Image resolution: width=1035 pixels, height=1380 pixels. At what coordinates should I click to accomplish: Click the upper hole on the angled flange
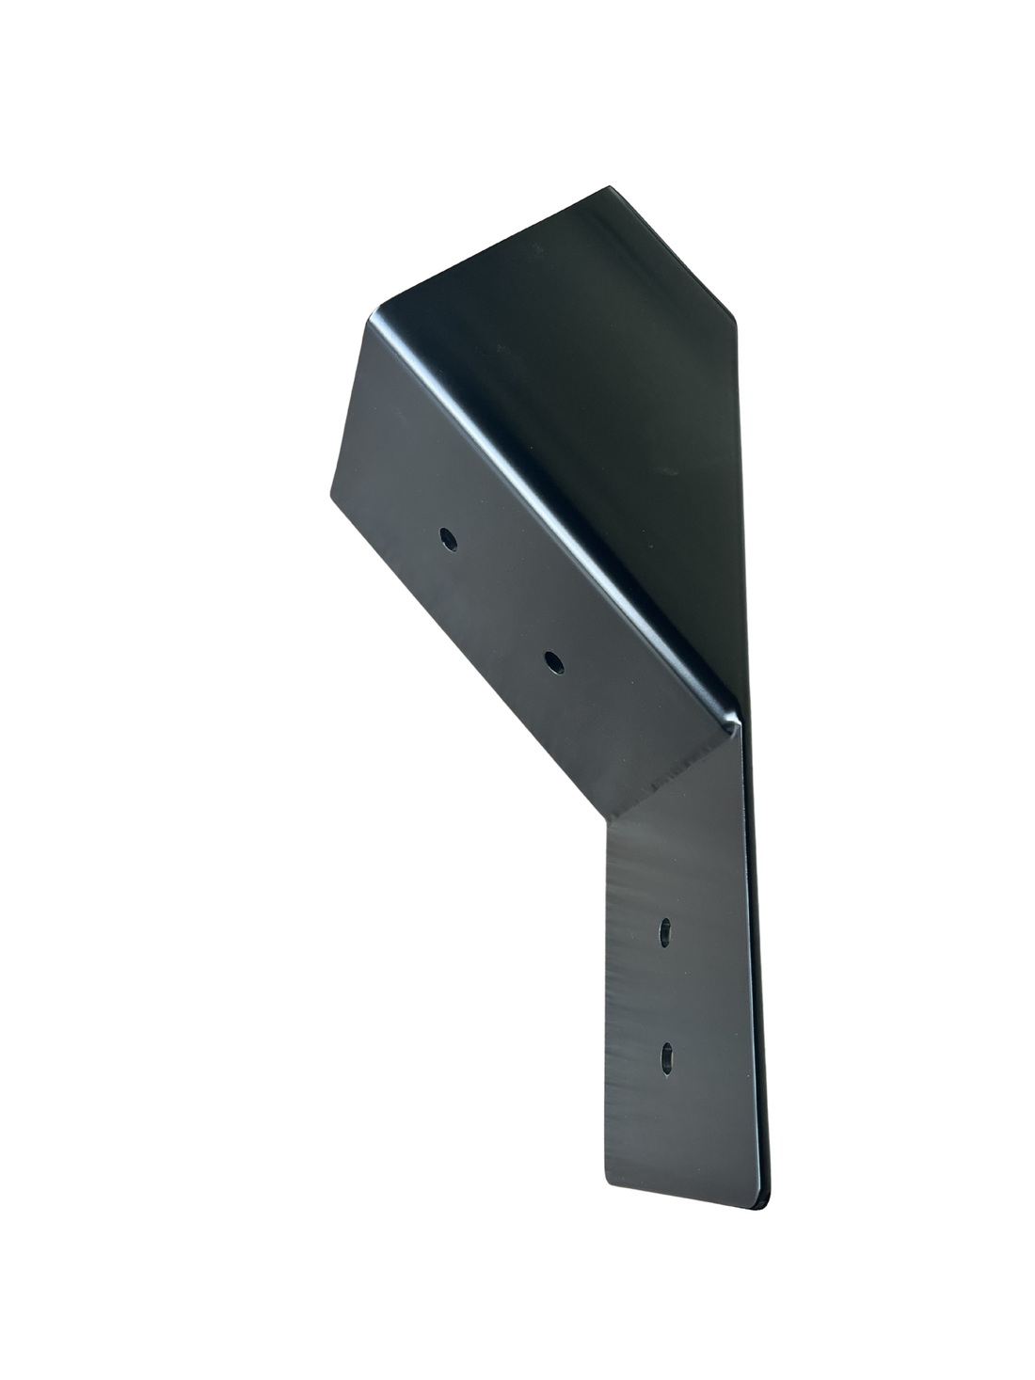(x=449, y=539)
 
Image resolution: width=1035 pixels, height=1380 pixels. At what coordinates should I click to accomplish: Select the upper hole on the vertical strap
(x=665, y=931)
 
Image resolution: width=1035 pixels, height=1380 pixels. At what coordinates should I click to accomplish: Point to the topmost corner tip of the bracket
(x=608, y=189)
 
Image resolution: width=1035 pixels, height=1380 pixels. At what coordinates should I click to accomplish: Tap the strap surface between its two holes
(x=666, y=995)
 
